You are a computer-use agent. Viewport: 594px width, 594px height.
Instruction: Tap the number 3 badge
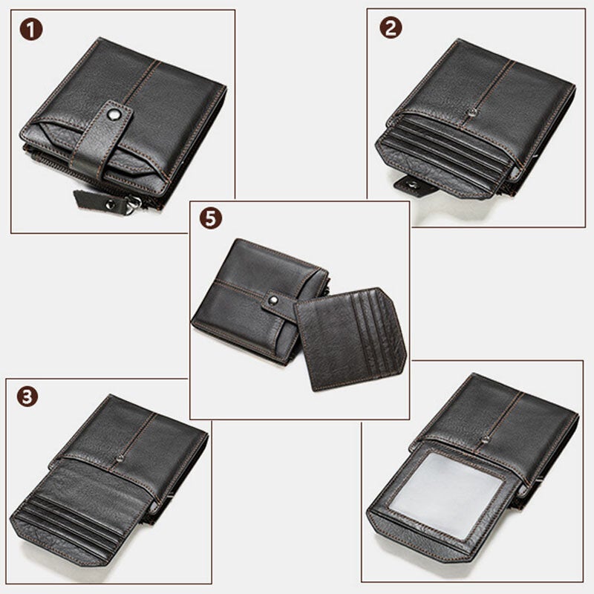point(28,396)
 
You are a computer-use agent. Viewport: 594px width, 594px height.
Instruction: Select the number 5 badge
point(211,220)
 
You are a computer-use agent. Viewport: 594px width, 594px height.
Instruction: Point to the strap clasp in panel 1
point(104,141)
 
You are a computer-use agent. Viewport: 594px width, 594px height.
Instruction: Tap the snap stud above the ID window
point(485,440)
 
